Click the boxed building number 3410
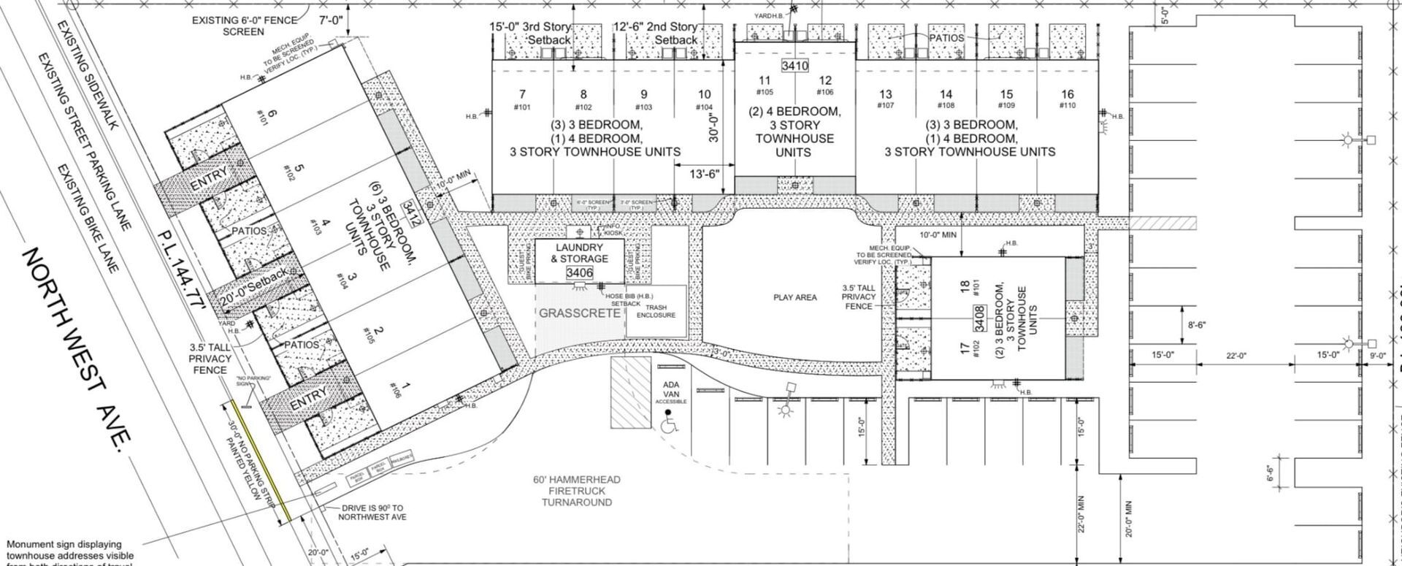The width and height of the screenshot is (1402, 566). point(794,66)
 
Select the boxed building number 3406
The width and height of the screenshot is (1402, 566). point(580,272)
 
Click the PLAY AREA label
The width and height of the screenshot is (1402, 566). point(794,297)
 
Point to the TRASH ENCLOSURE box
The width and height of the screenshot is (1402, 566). point(656,311)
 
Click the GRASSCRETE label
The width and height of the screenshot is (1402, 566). point(580,313)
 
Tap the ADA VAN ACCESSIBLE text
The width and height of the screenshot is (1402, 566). point(670,393)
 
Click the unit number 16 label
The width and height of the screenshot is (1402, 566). point(1067,94)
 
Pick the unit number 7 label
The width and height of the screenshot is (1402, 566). point(522,94)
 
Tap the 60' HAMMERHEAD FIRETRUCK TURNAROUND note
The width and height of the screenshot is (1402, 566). point(576,491)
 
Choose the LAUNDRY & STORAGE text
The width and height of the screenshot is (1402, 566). point(580,253)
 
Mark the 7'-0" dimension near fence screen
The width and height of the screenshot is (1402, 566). point(331,20)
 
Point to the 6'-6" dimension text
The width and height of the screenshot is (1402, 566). point(1270,473)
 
